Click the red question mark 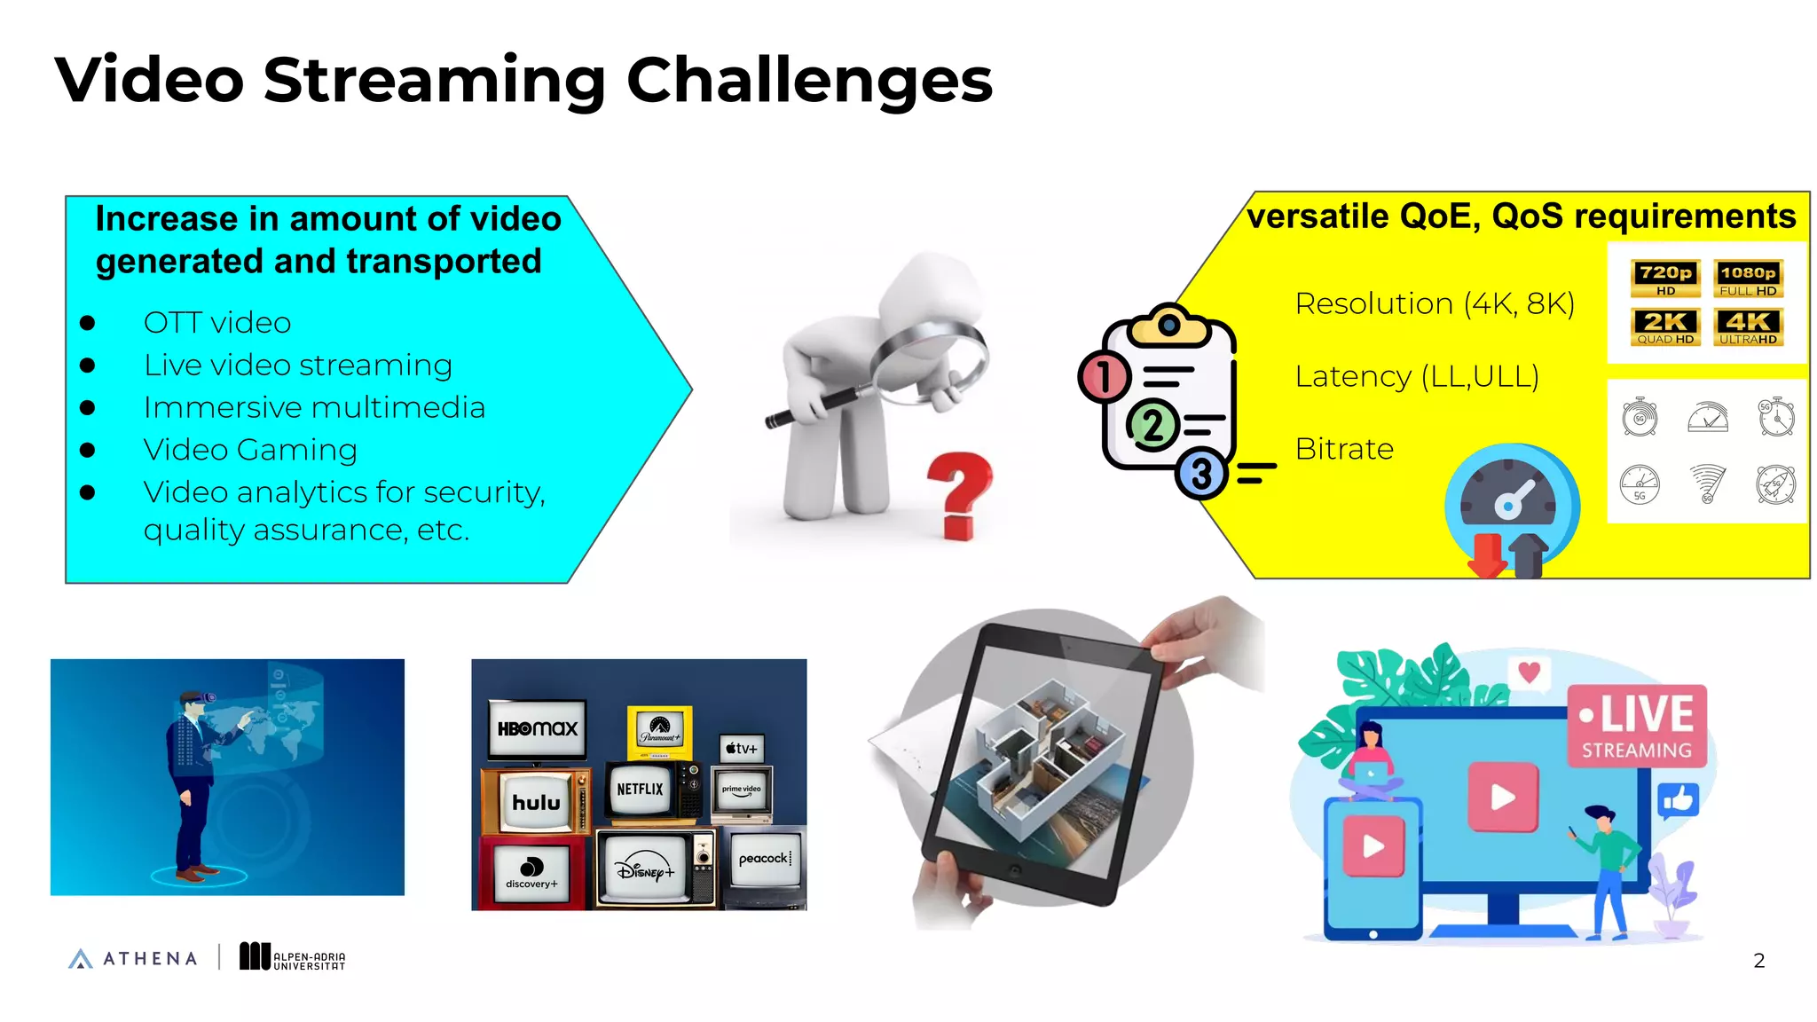[x=959, y=493]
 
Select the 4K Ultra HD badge [x=1748, y=326]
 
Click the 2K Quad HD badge [x=1665, y=326]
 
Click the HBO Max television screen [x=537, y=729]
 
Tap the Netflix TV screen [x=640, y=789]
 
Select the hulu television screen [x=536, y=802]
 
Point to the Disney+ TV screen [x=645, y=869]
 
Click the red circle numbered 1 [x=1104, y=377]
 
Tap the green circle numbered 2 [x=1152, y=426]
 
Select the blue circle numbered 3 [x=1201, y=474]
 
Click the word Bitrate [x=1344, y=449]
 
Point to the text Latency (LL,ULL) [x=1417, y=376]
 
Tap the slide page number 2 [x=1758, y=960]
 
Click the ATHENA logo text [x=150, y=958]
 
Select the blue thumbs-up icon [x=1678, y=801]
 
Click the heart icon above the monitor [x=1529, y=672]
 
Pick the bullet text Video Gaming [x=250, y=450]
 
